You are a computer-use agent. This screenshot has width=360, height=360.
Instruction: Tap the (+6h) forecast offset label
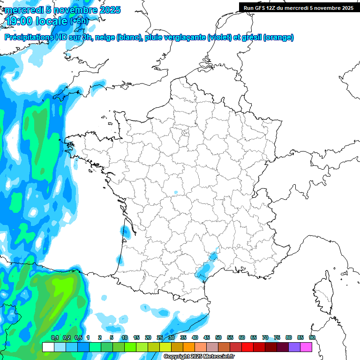click(x=79, y=21)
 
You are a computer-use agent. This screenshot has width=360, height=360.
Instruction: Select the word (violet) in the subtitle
click(x=220, y=37)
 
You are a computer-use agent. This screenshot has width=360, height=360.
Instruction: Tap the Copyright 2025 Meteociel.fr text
click(x=199, y=357)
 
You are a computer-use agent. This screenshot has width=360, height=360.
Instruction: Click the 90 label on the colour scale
click(x=312, y=337)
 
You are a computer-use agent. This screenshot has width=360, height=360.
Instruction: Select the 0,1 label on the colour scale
click(x=54, y=337)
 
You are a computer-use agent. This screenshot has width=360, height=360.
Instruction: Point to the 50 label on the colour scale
click(x=218, y=337)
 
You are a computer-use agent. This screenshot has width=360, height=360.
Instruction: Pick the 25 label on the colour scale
click(x=160, y=337)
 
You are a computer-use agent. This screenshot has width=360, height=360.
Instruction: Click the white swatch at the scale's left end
click(x=48, y=347)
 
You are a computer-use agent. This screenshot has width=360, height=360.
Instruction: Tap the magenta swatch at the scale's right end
click(x=306, y=347)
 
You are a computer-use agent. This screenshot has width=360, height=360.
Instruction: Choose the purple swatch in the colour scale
click(x=294, y=347)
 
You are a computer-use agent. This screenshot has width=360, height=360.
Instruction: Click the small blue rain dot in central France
click(x=176, y=192)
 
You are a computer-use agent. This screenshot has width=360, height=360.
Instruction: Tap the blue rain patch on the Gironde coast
click(x=125, y=231)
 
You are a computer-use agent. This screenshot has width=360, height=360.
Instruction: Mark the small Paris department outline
click(x=185, y=133)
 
